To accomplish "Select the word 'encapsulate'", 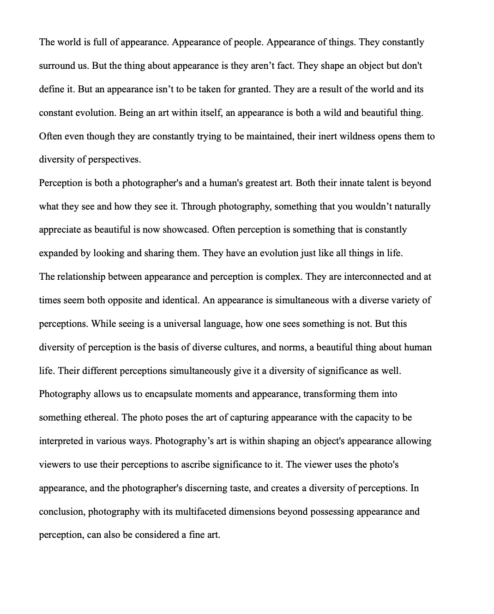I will coord(169,394).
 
